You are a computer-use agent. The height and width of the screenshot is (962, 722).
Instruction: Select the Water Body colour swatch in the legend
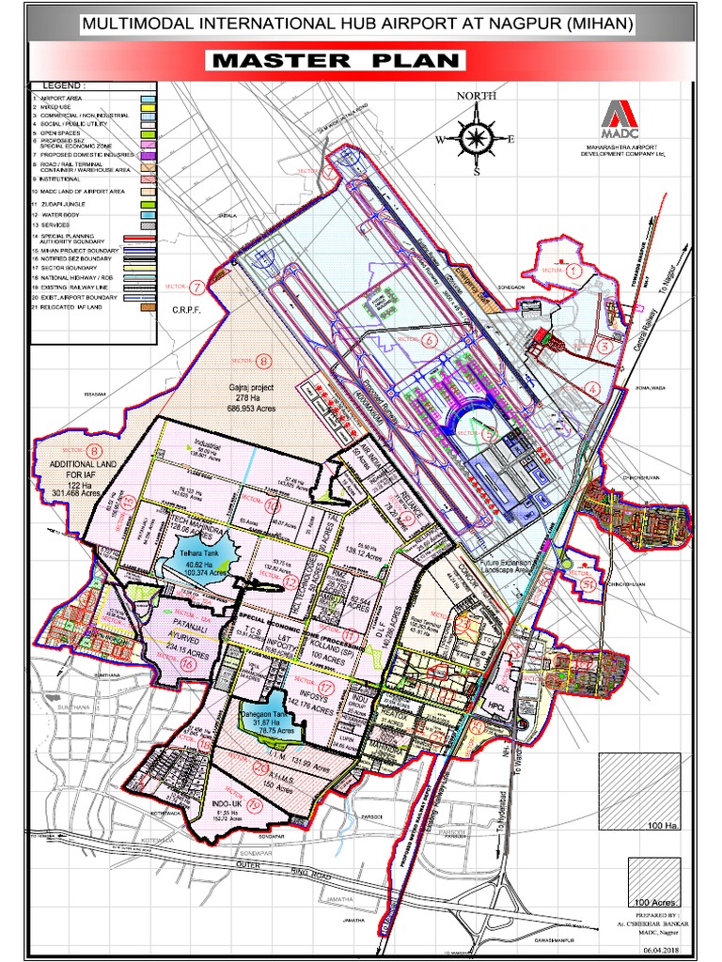pos(149,216)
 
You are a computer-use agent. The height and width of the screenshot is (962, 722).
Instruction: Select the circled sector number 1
pos(573,270)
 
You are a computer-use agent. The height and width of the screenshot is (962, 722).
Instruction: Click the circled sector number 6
pos(430,339)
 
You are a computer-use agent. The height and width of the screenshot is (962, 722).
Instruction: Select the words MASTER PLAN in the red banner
pos(338,62)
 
